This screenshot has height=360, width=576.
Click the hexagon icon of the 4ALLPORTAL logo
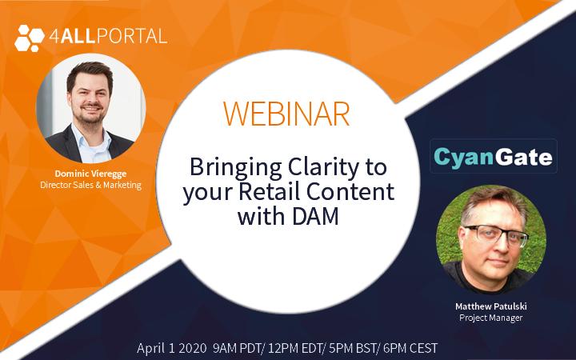click(x=30, y=38)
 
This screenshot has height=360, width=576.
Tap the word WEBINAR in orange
click(x=286, y=114)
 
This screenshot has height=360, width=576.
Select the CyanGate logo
click(x=494, y=156)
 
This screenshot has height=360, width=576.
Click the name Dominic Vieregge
click(x=90, y=174)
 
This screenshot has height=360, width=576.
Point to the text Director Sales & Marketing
click(x=90, y=185)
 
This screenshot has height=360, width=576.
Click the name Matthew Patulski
click(x=490, y=306)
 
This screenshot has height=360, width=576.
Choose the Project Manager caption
click(x=490, y=318)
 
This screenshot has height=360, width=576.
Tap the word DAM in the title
click(x=315, y=216)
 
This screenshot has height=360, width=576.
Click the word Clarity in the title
click(x=323, y=168)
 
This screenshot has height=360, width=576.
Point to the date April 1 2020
click(x=171, y=348)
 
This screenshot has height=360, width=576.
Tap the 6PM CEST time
click(x=410, y=348)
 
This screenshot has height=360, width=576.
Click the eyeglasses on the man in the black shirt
click(x=496, y=234)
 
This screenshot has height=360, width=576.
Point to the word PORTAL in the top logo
click(x=133, y=37)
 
